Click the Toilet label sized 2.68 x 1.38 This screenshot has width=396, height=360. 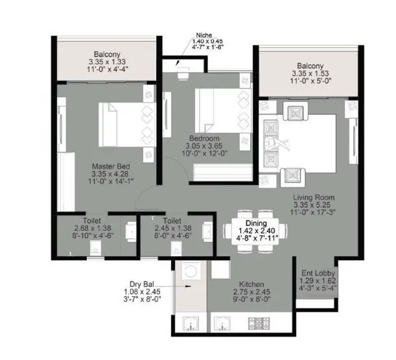73,221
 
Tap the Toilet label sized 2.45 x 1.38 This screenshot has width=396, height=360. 172,221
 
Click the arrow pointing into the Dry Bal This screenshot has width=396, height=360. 181,285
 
